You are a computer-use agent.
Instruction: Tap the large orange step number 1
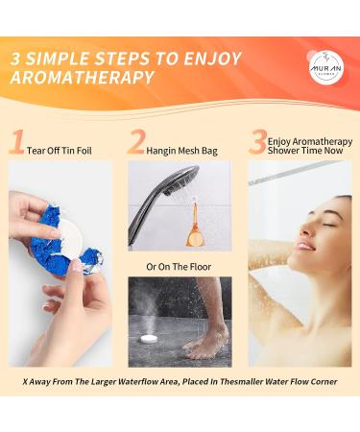pyautogui.click(x=15, y=143)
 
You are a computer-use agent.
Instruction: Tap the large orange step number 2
pyautogui.click(x=136, y=143)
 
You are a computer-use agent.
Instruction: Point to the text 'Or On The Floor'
pyautogui.click(x=180, y=265)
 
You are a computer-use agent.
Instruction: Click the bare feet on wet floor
pyautogui.click(x=203, y=341)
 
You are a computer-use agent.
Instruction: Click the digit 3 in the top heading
pyautogui.click(x=17, y=57)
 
